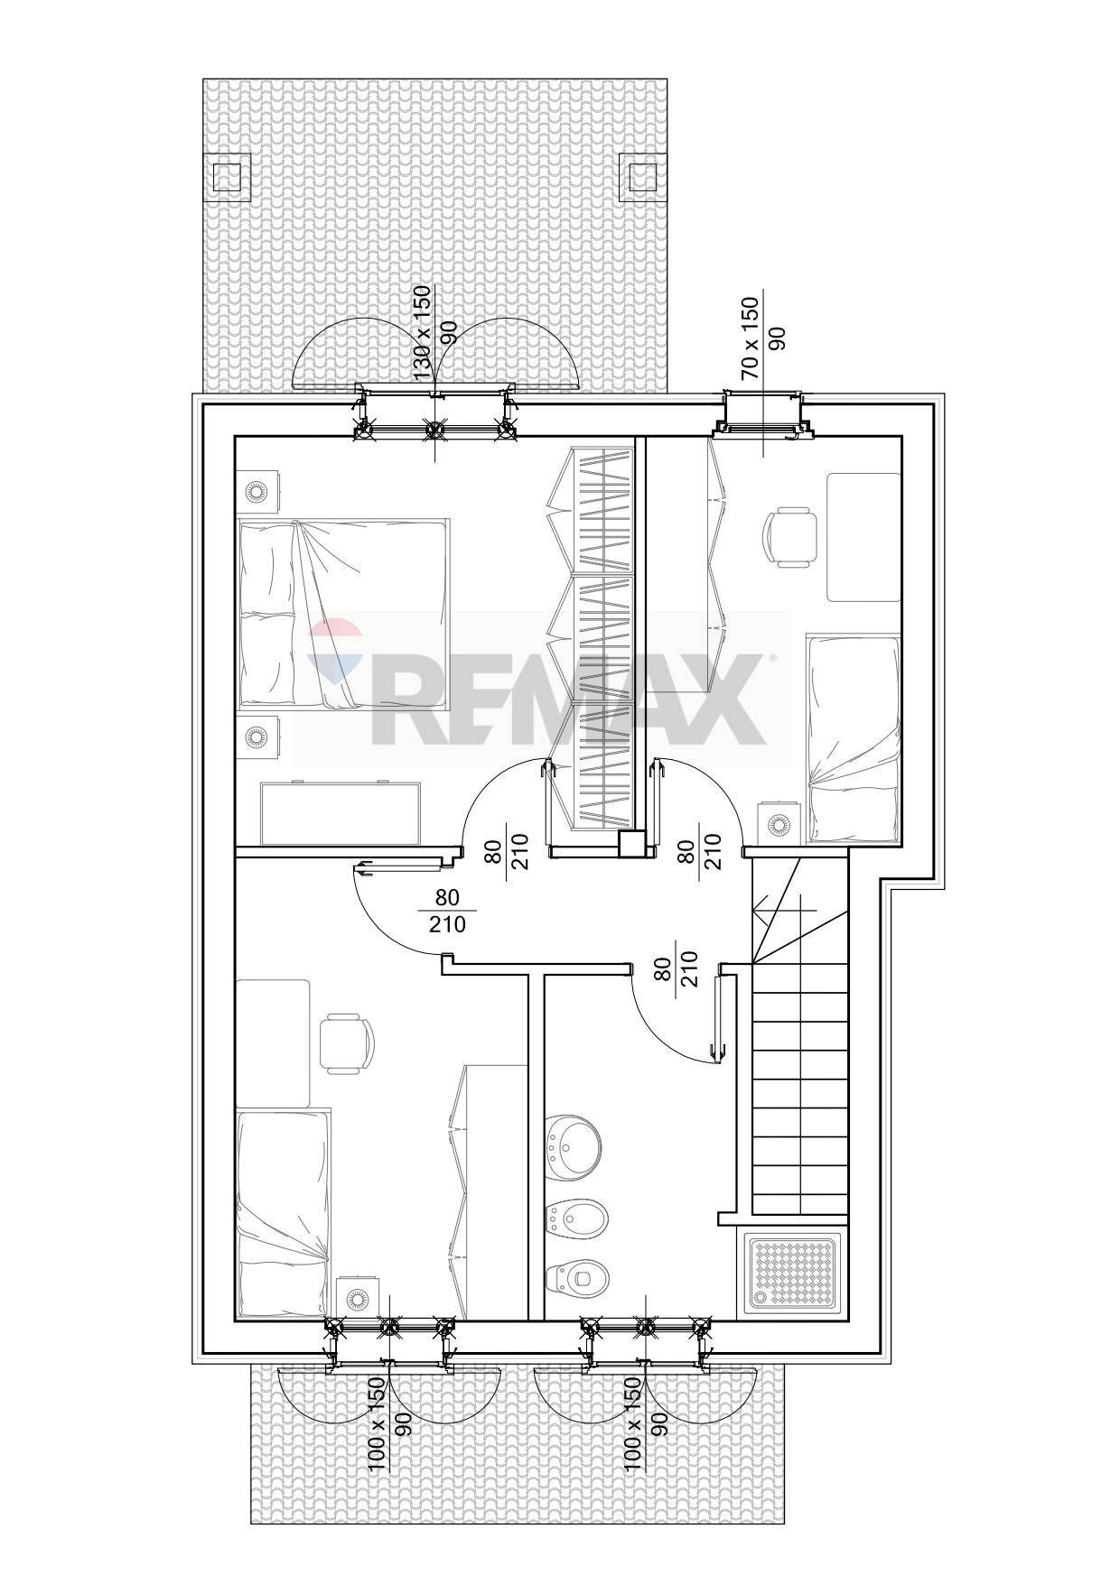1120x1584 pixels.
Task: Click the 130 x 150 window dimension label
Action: [421, 333]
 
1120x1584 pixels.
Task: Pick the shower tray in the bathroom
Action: [795, 1274]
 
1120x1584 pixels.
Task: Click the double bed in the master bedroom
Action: [343, 613]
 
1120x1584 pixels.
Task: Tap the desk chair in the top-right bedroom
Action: [791, 537]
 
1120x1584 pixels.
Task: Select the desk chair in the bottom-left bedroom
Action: [345, 1044]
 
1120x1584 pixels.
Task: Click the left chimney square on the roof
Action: [226, 176]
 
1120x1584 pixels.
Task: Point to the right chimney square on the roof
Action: [640, 176]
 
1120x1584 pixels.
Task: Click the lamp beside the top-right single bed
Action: [779, 823]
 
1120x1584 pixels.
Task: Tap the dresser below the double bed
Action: [342, 813]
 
